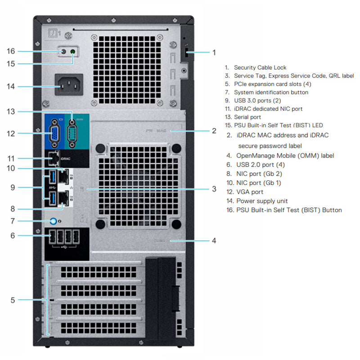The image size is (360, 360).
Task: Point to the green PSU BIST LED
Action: tap(73, 52)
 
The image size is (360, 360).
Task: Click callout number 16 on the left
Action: tap(11, 51)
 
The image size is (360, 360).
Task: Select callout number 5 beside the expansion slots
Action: tap(13, 300)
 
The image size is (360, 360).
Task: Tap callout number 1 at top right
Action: tap(214, 52)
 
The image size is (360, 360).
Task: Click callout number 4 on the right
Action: tap(214, 241)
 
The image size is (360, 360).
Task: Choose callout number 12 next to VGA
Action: tap(11, 134)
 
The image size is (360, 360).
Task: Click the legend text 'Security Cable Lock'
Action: tap(260, 67)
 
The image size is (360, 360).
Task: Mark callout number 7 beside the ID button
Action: tap(13, 221)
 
